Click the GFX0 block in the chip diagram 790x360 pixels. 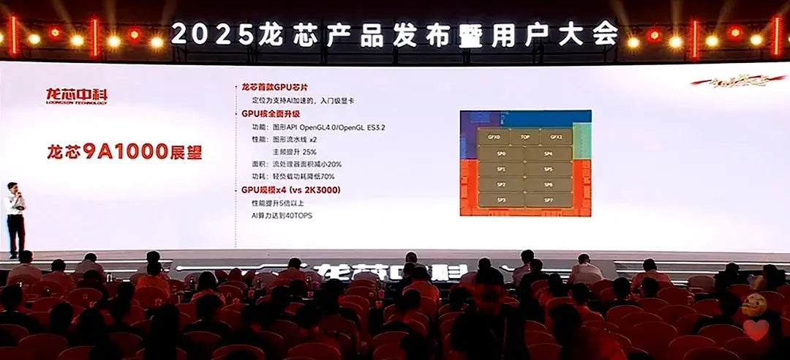(494, 137)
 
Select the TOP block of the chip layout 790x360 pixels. (524, 137)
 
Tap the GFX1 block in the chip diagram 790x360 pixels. (556, 137)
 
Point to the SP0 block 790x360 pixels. (501, 154)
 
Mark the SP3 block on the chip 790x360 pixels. (501, 200)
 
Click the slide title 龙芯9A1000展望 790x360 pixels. (124, 152)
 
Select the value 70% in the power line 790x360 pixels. (327, 176)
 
